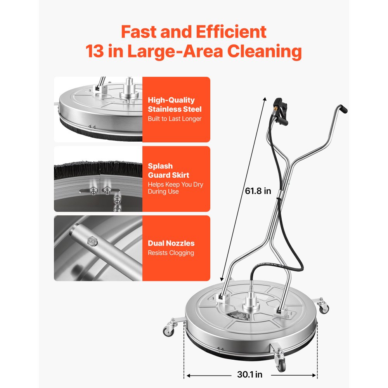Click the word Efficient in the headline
[231, 32]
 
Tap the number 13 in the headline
[95, 51]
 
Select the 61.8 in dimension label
[258, 191]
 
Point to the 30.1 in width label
[249, 374]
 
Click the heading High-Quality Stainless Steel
[175, 104]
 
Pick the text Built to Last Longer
[175, 119]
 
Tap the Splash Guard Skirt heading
[168, 170]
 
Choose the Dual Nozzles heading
[171, 243]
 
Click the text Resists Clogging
[171, 253]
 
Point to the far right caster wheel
[324, 307]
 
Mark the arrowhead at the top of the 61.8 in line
[265, 99]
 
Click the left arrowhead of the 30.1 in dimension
[189, 375]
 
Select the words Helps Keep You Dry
[175, 185]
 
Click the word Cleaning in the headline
[265, 51]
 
